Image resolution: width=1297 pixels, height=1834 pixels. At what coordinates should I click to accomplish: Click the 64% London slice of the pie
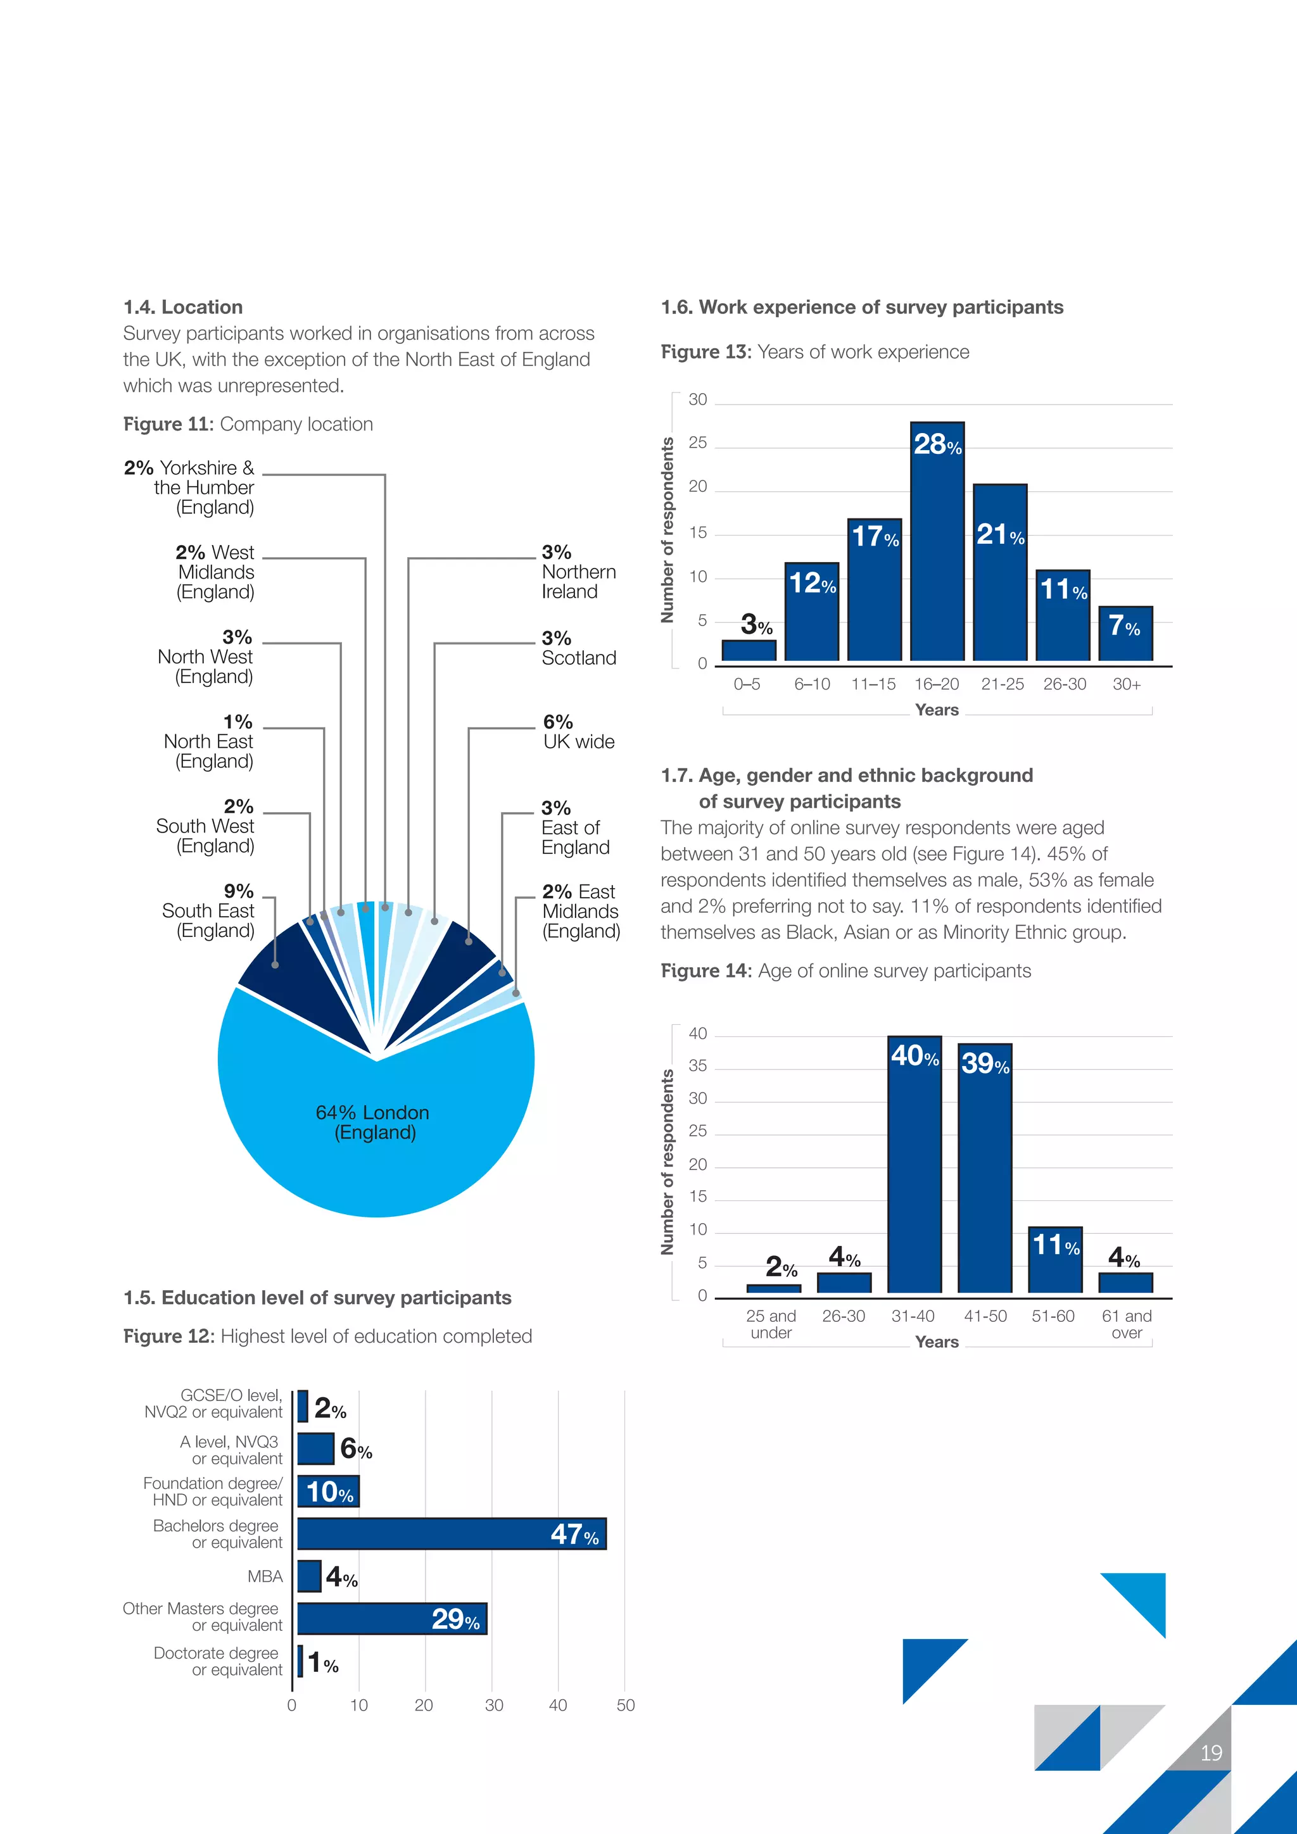point(376,1134)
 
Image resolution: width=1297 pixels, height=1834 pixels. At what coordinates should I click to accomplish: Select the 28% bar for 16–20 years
point(937,551)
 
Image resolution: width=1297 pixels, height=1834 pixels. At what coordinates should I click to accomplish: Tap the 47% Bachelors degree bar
point(452,1534)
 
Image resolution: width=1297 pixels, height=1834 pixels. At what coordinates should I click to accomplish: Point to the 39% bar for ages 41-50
point(985,1174)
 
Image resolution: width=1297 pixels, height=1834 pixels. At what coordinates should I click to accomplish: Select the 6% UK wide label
point(579,732)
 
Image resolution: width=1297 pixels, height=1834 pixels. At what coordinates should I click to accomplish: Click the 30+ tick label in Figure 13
point(1126,684)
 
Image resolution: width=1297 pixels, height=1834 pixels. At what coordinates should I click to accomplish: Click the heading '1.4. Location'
point(183,308)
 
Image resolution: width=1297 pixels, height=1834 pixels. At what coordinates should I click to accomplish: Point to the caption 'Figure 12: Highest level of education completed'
point(327,1336)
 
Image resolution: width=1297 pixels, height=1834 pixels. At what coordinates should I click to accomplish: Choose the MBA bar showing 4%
point(309,1576)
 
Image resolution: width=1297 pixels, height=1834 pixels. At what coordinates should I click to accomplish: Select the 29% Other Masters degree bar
point(391,1618)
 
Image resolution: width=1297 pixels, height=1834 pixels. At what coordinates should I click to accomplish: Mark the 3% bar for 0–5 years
point(749,650)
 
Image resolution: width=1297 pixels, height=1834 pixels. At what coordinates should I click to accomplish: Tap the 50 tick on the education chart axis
point(626,1705)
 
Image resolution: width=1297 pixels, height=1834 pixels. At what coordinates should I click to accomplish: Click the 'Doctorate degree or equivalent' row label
point(218,1661)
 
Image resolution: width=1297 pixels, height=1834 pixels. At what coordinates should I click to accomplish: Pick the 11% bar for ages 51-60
point(1055,1260)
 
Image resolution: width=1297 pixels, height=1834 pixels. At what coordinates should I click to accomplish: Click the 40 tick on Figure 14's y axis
point(698,1034)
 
